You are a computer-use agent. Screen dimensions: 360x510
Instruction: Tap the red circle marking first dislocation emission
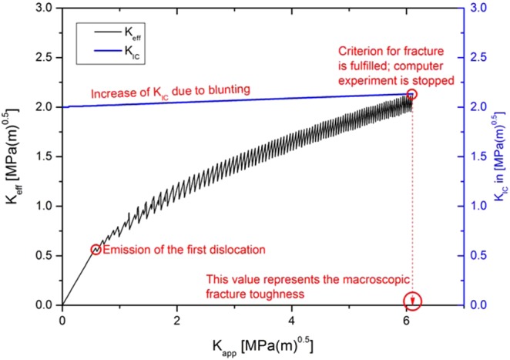click(96, 249)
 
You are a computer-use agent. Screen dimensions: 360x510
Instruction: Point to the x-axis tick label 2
click(177, 320)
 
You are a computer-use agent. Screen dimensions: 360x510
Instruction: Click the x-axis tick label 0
click(62, 320)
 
